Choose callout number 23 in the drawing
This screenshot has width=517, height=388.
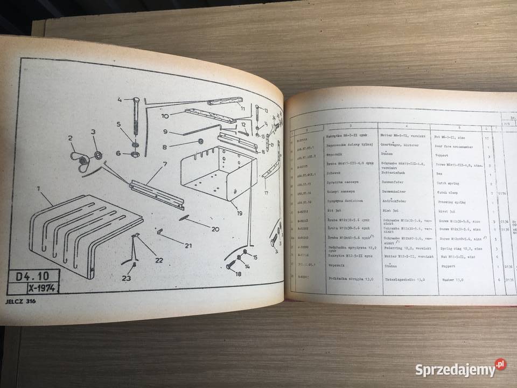tap(125, 279)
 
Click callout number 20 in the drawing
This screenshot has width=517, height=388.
tap(215, 228)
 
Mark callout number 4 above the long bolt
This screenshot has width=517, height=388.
tap(120, 99)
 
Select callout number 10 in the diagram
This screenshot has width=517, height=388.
tap(165, 116)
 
